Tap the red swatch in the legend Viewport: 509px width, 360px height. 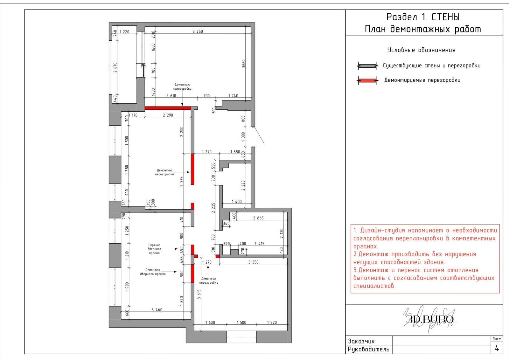point(367,80)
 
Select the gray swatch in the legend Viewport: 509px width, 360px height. point(367,66)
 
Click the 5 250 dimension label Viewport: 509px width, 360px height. point(198,31)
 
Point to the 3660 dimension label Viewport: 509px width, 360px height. point(243,64)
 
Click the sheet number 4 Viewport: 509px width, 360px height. point(497,348)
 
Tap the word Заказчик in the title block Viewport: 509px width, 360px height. point(361,341)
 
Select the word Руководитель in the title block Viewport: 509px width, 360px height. point(369,349)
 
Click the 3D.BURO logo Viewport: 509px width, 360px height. point(429,319)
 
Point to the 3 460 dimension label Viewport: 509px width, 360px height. point(157,309)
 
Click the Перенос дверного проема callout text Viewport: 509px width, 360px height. point(154,249)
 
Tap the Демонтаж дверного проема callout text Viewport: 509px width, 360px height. point(153,272)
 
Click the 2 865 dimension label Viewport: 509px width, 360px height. point(258,218)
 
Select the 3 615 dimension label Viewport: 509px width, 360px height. point(199,294)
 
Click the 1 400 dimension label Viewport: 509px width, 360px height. point(237,201)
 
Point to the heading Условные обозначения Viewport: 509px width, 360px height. point(421,50)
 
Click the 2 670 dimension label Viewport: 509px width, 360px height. point(115,67)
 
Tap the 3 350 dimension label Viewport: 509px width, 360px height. point(253,262)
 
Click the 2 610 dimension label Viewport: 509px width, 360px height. point(171,96)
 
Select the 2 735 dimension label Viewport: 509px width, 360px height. point(181,182)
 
